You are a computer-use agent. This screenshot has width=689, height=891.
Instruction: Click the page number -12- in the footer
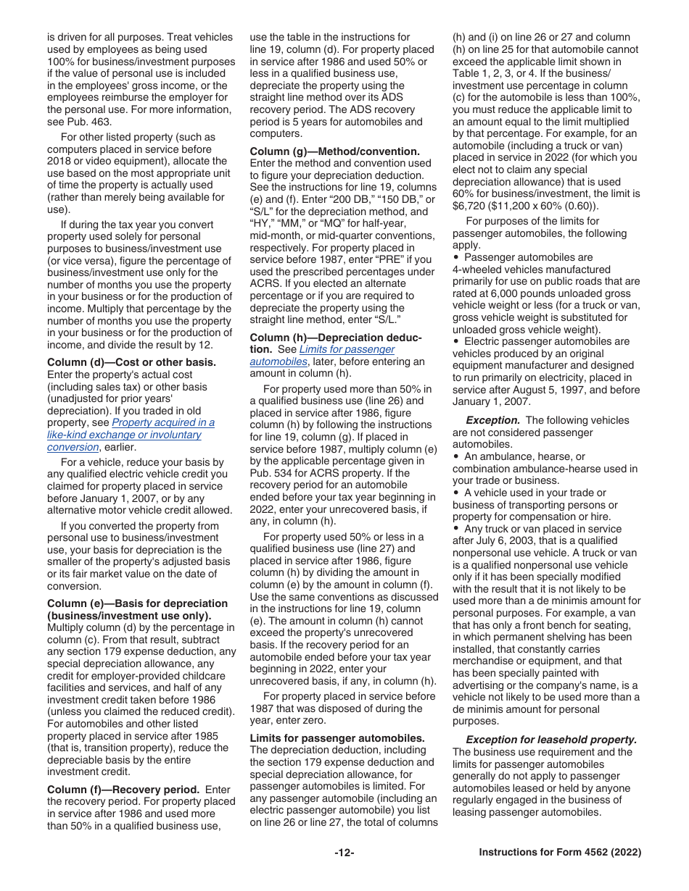tap(344, 853)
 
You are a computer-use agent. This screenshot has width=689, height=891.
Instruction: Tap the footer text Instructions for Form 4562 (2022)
tap(560, 853)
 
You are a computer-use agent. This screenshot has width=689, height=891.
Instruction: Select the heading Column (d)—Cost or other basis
tap(131, 362)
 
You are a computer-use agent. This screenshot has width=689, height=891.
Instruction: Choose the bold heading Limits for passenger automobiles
tap(337, 738)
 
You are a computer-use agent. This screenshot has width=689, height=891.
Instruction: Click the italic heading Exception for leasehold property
tap(551, 740)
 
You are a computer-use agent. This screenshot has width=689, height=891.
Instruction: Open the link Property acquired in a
tap(163, 422)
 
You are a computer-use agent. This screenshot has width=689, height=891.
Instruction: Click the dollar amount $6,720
tap(471, 206)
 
